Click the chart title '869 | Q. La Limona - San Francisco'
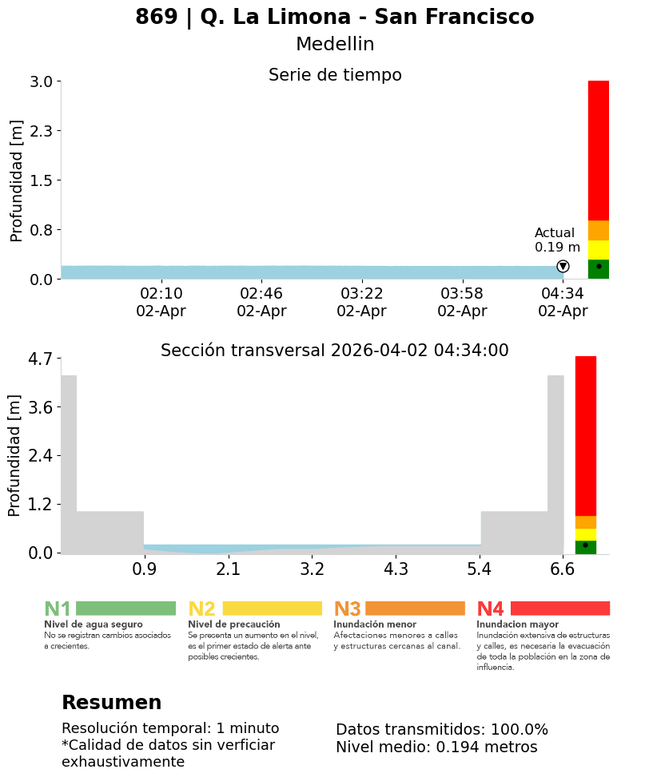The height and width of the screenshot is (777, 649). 334,17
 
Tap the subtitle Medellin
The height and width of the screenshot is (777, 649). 334,45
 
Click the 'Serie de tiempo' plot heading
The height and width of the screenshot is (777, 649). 334,75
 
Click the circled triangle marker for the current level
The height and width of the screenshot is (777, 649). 563,266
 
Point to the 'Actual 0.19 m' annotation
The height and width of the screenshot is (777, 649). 557,240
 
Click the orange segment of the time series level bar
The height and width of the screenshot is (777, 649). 598,230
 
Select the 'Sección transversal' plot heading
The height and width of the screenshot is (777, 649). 334,351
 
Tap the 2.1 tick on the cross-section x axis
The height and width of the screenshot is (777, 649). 229,569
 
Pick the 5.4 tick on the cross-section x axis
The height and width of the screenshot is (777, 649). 480,569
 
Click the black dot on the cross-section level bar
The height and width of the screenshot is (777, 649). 585,545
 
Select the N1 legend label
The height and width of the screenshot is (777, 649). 58,609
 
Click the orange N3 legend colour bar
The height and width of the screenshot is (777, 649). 415,609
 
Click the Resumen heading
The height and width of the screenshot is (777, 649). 111,703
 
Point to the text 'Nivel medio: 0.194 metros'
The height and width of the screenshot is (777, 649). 436,747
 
